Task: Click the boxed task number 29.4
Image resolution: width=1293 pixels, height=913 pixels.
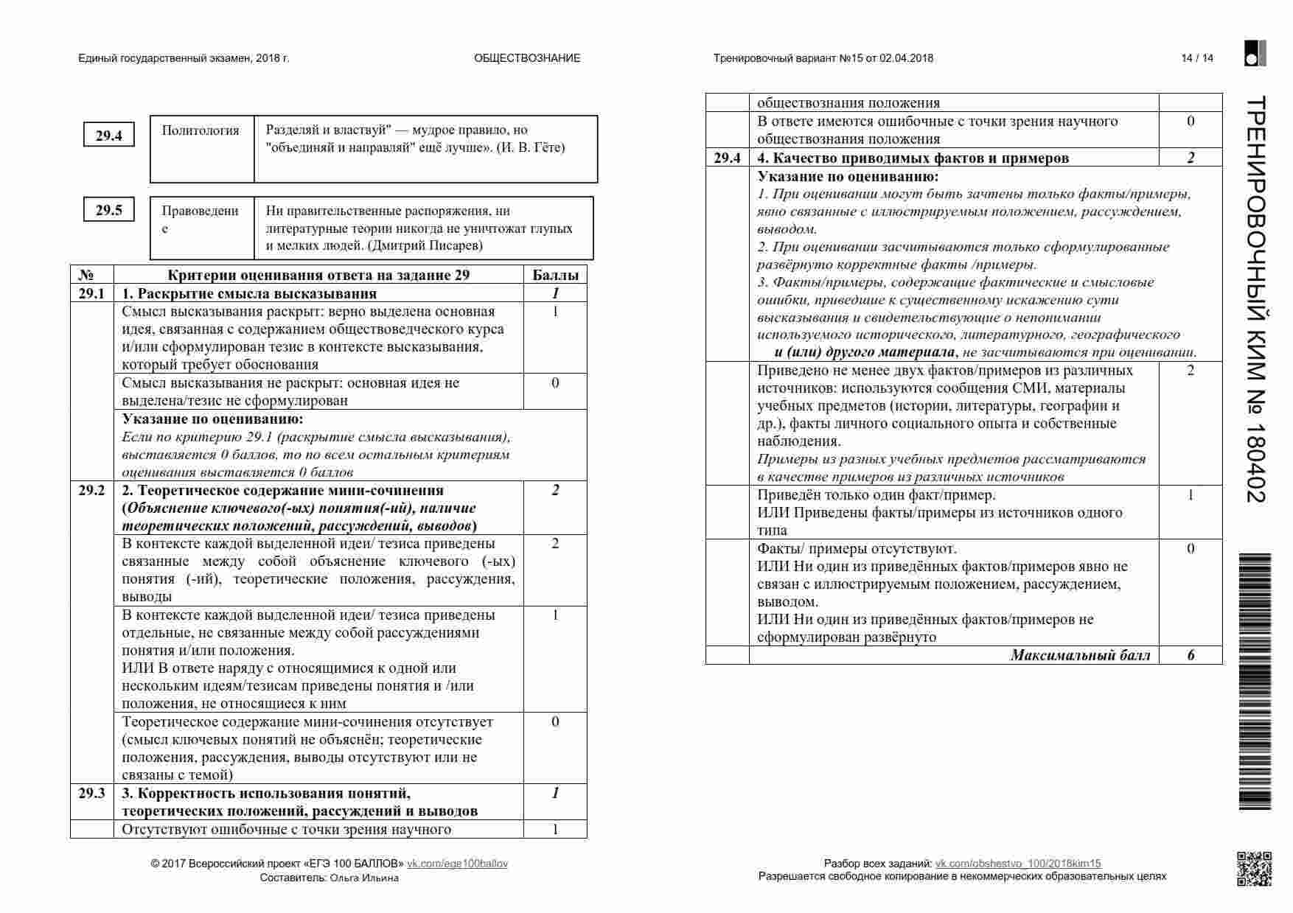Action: pyautogui.click(x=108, y=136)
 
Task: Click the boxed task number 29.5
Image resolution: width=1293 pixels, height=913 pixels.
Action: pyautogui.click(x=108, y=210)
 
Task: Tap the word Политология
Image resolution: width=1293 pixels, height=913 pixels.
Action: pyautogui.click(x=201, y=130)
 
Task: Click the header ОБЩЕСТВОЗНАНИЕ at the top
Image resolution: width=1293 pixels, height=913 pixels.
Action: pyautogui.click(x=527, y=58)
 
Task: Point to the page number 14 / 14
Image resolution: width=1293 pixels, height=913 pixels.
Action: pyautogui.click(x=1197, y=58)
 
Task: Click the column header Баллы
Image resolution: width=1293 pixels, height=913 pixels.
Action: pyautogui.click(x=555, y=275)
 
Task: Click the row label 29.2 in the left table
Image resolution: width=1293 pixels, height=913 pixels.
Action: pyautogui.click(x=91, y=491)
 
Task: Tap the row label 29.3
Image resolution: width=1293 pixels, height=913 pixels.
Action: pyautogui.click(x=91, y=794)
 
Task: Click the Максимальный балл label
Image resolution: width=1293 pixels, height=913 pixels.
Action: pyautogui.click(x=1080, y=655)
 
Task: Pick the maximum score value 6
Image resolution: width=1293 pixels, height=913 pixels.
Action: pyautogui.click(x=1191, y=655)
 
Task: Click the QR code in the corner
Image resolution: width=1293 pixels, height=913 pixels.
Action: pyautogui.click(x=1253, y=869)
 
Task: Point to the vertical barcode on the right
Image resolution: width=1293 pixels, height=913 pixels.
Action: pyautogui.click(x=1256, y=682)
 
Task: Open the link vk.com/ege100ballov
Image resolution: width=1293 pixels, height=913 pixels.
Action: pyautogui.click(x=457, y=864)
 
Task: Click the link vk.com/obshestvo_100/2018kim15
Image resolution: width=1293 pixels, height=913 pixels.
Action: pyautogui.click(x=1018, y=864)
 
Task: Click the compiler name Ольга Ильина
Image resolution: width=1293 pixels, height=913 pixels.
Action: pyautogui.click(x=364, y=878)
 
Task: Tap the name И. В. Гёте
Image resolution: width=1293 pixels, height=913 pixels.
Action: pyautogui.click(x=531, y=147)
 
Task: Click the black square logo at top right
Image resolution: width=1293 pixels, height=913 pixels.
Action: pyautogui.click(x=1255, y=53)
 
